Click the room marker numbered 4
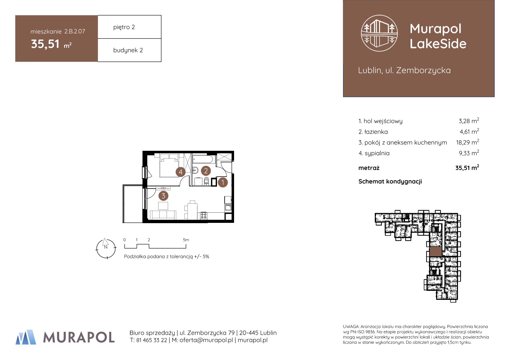[181, 172]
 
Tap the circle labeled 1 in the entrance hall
[223, 182]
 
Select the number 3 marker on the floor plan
[163, 196]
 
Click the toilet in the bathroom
[206, 181]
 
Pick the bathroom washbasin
[195, 170]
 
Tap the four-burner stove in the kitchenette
[204, 216]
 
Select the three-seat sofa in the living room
[163, 215]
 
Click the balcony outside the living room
[133, 204]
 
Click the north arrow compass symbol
[106, 248]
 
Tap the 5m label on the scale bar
[186, 240]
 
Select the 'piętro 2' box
[129, 27]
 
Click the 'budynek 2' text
[128, 50]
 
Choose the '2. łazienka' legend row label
[373, 132]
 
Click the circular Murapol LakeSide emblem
[379, 33]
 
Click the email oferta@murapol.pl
[206, 340]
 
